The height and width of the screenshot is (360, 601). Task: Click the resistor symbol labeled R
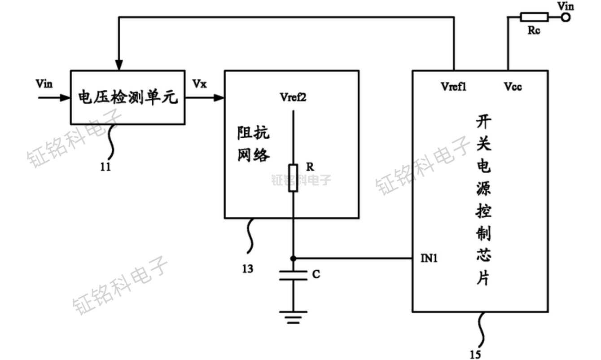pos(293,178)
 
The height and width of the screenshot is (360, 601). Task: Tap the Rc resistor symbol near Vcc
pos(534,18)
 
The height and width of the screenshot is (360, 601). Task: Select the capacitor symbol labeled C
pos(293,275)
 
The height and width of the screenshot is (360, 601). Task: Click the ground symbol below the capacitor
pos(293,317)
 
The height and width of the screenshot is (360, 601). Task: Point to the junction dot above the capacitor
pos(293,259)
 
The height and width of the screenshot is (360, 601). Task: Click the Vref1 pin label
pos(453,87)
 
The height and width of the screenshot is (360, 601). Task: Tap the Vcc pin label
pos(512,87)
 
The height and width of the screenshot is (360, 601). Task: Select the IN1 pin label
pos(429,259)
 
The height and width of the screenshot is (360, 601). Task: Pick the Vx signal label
pos(200,83)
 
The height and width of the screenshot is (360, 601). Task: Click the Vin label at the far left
pos(44,84)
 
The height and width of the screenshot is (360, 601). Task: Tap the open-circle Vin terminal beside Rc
pos(566,18)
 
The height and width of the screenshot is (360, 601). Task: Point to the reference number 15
pos(475,355)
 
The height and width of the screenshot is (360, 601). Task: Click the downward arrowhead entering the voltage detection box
pos(119,65)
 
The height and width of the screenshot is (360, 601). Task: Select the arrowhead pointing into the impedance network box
pos(219,97)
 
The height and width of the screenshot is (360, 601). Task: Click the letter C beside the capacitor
pos(316,274)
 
